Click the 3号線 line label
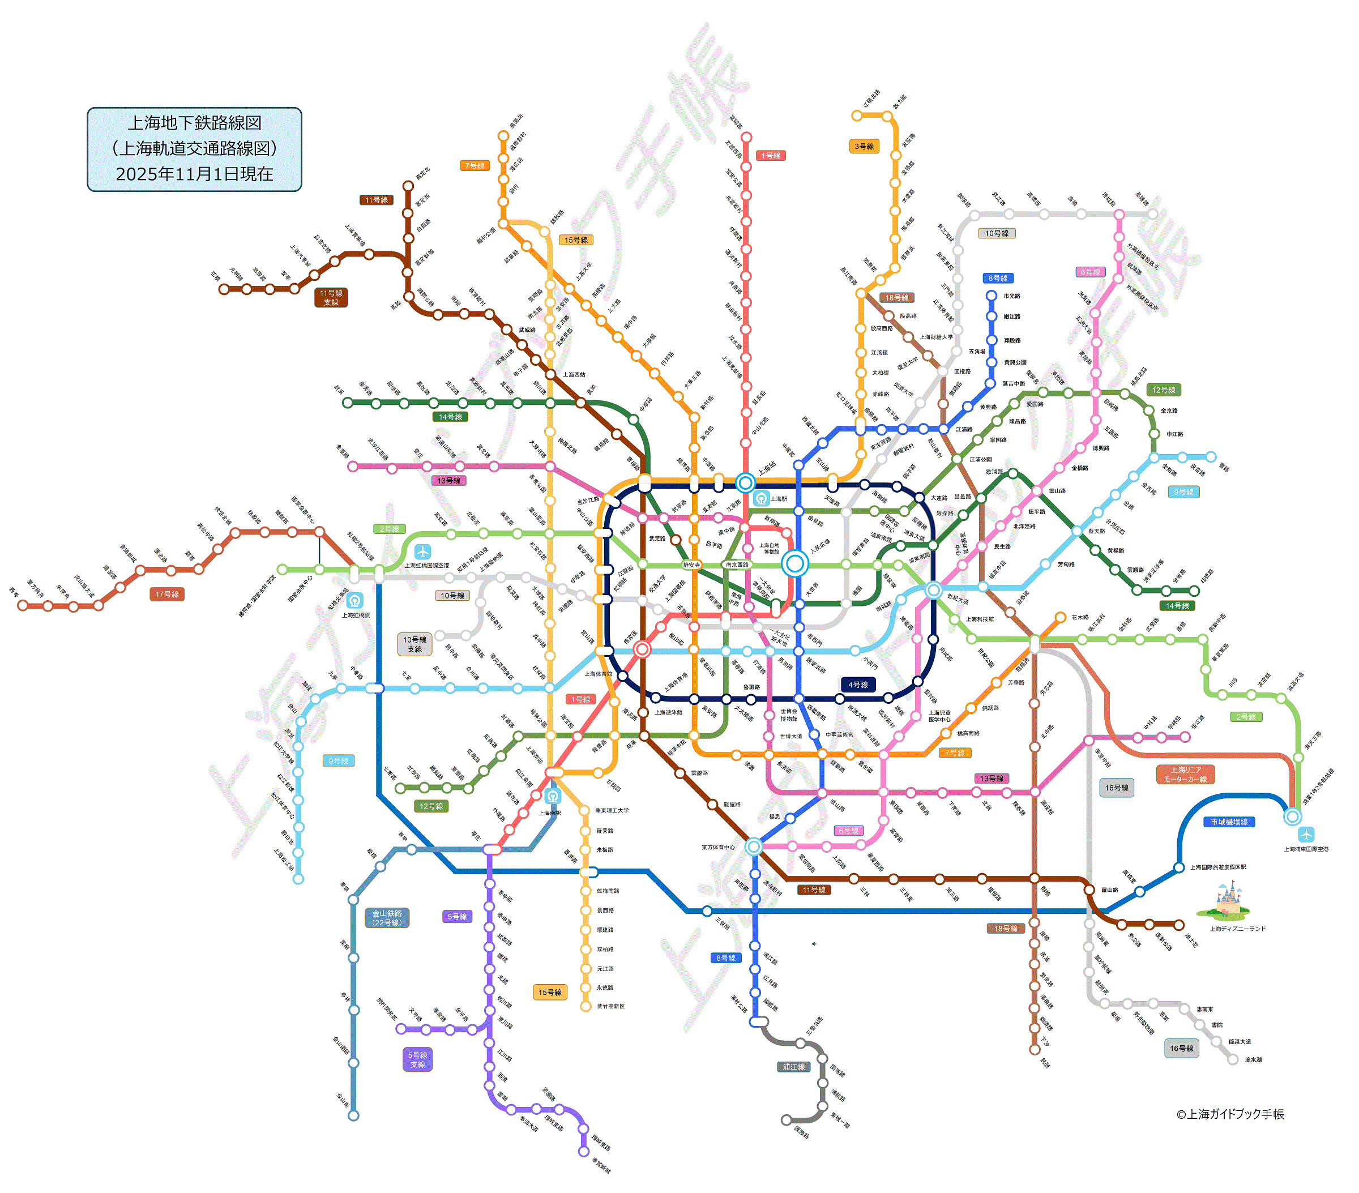pos(864,146)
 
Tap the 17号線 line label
pos(167,594)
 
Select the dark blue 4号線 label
pos(858,685)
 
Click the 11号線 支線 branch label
pos(331,297)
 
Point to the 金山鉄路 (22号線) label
pos(387,918)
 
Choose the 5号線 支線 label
pos(417,1059)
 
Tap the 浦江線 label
pos(794,1067)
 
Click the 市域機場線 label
pos(1229,822)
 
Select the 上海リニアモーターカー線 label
pos(1186,774)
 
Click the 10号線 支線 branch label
pos(414,644)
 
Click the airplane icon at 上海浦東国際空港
pos(1306,834)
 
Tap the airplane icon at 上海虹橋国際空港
pos(422,551)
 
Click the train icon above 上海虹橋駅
pos(355,601)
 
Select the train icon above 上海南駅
pos(552,796)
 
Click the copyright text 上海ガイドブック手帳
pos(1230,1114)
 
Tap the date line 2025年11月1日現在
pos(194,174)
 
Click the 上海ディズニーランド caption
pos(1237,929)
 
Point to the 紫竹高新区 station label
pos(610,1006)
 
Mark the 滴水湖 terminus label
pos(1253,1059)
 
